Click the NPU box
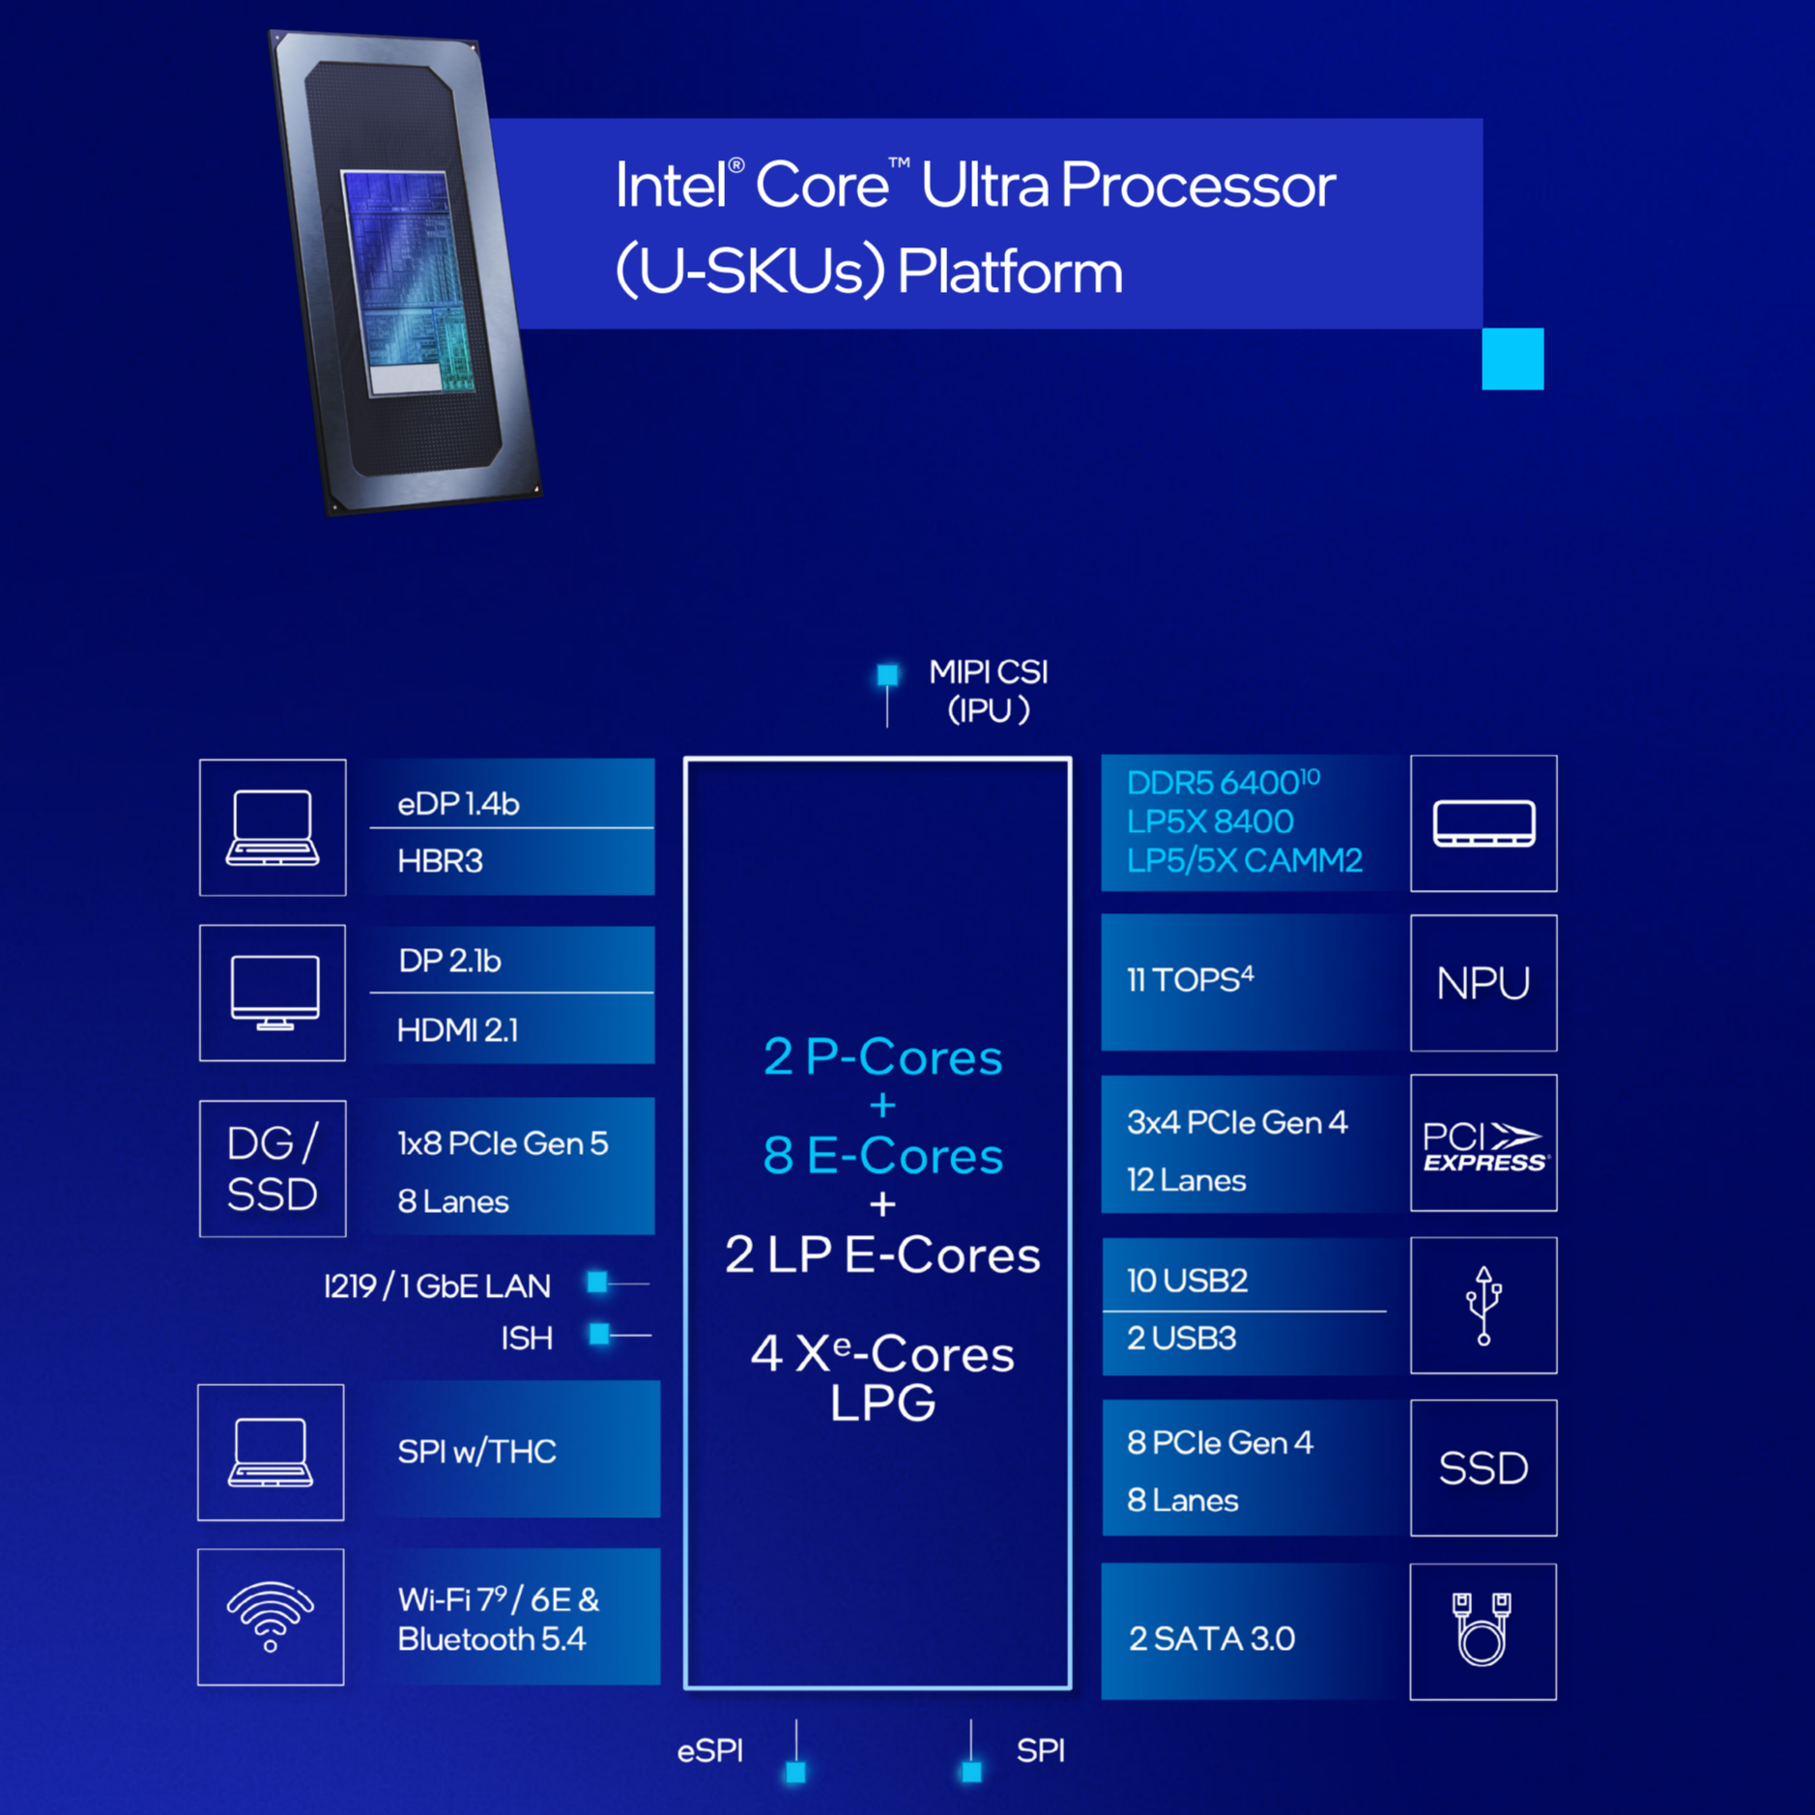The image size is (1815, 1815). pos(1483,983)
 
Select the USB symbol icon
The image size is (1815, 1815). pos(1483,1305)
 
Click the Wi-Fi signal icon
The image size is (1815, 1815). pos(271,1616)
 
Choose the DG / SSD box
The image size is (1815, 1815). pos(273,1168)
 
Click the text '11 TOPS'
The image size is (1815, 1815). pos(1190,980)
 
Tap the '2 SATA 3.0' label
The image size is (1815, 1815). pos(1211,1638)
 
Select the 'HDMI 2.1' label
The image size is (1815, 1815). pos(457,1030)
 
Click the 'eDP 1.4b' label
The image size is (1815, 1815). pos(458,804)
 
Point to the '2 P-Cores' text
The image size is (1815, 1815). pos(882,1056)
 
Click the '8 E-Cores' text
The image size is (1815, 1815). pos(882,1155)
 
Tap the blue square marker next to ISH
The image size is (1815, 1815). pos(599,1335)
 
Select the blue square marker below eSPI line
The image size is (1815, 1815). pos(795,1772)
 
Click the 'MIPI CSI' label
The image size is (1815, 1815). pos(988,672)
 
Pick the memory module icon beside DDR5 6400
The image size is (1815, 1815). pos(1483,823)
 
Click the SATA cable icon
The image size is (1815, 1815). pos(1482,1630)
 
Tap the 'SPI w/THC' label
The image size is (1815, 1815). pos(476,1451)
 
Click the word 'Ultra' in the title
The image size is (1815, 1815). pos(983,185)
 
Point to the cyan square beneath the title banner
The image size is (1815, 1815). pos(1512,359)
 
